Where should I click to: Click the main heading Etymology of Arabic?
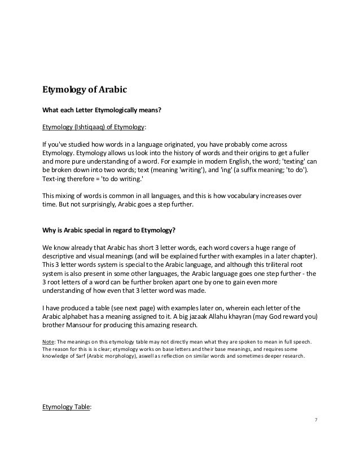pyautogui.click(x=82, y=89)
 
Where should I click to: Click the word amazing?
pyautogui.click(x=164, y=326)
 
